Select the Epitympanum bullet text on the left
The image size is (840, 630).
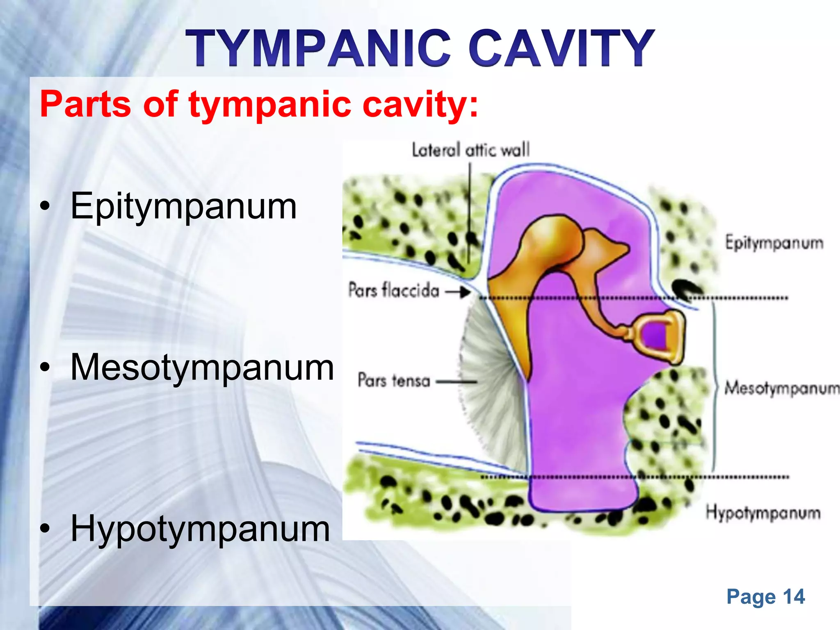point(183,206)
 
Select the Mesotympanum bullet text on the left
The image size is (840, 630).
point(202,367)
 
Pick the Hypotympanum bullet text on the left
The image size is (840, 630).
point(200,528)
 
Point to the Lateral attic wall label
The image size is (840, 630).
point(471,150)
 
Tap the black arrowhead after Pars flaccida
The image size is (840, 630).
point(465,292)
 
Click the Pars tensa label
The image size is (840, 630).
point(394,380)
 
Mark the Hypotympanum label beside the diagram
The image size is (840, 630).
point(763,513)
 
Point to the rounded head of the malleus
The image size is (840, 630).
point(552,234)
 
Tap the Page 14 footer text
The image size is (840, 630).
point(766,597)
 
